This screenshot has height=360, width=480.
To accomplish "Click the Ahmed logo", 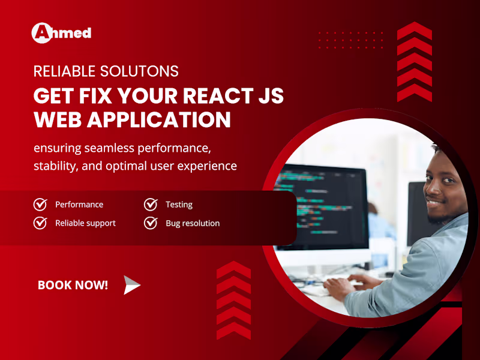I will (61, 32).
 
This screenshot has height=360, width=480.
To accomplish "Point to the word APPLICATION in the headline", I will (159, 119).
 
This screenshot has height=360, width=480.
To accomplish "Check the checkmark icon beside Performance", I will (40, 205).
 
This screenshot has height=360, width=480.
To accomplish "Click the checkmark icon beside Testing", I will (151, 205).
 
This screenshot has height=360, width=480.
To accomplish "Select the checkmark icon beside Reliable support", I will (40, 223).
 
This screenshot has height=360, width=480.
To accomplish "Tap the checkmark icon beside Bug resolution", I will (151, 223).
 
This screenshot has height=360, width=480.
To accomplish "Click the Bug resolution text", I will (193, 223).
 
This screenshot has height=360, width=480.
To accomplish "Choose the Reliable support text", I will (85, 223).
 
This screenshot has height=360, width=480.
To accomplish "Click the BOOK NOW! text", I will (73, 286).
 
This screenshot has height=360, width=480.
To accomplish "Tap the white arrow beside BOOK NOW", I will (131, 286).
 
